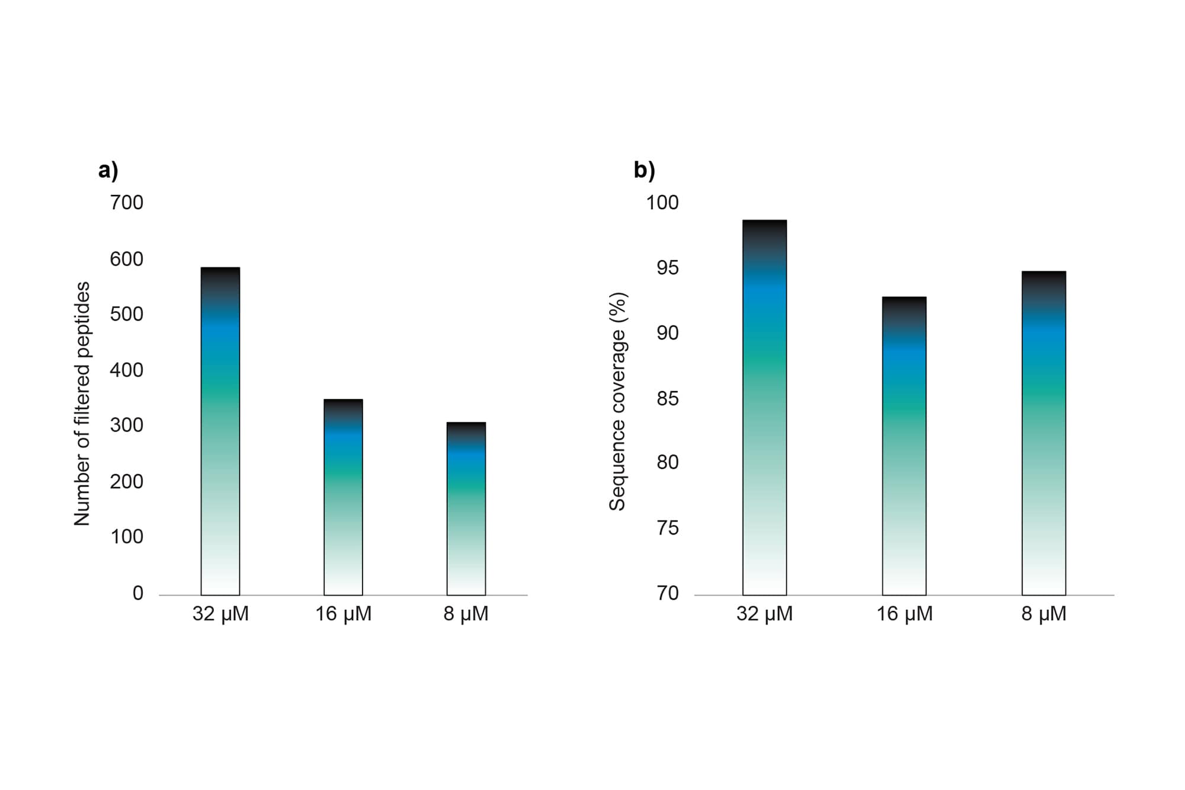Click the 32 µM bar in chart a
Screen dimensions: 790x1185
(x=220, y=431)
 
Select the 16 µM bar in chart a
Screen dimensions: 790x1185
(x=343, y=497)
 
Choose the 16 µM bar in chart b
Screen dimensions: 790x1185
(x=904, y=446)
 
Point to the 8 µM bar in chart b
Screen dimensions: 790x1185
(x=1043, y=433)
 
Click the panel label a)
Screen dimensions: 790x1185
(x=108, y=170)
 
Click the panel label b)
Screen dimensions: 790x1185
(x=644, y=170)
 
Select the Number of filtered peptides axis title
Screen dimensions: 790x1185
(x=82, y=404)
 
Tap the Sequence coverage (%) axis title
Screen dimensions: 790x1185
(x=617, y=401)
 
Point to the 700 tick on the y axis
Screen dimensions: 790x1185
(x=126, y=203)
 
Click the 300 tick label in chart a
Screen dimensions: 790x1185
(x=126, y=425)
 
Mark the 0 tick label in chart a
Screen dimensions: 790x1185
(x=137, y=593)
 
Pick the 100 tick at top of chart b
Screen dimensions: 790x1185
(x=662, y=203)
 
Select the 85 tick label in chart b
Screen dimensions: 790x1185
(x=667, y=398)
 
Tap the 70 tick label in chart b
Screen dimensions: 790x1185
(x=667, y=593)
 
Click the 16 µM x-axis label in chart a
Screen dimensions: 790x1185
(x=343, y=614)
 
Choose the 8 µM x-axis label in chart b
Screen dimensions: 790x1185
(x=1043, y=614)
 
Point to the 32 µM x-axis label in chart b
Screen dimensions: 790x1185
(x=764, y=614)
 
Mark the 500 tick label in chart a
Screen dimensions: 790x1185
(x=126, y=314)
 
